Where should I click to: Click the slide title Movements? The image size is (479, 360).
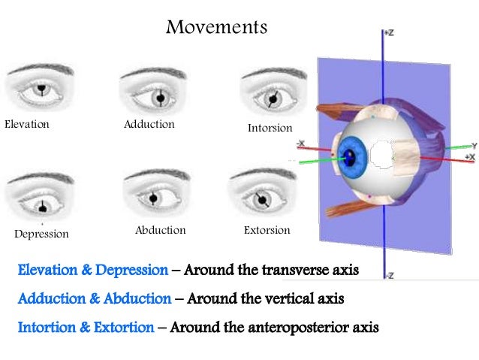click(216, 28)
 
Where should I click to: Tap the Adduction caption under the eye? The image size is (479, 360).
click(149, 124)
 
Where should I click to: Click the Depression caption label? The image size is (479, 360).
click(41, 234)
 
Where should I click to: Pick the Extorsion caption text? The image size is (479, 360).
click(267, 230)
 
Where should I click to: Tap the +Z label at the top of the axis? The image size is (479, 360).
click(388, 34)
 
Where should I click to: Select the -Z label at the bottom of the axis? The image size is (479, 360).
click(388, 276)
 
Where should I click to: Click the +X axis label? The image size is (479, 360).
click(469, 156)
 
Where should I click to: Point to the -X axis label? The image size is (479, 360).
click(300, 143)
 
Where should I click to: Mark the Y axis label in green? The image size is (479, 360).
click(474, 144)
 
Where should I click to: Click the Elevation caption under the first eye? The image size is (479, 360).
click(27, 124)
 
